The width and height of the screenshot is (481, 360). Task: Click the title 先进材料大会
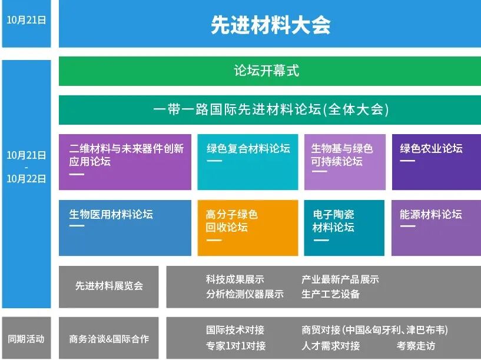pos(270,25)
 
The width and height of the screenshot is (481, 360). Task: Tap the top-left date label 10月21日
pos(26,19)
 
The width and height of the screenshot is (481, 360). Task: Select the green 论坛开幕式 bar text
pos(267,71)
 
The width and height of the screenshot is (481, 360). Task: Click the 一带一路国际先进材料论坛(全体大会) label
pos(270,109)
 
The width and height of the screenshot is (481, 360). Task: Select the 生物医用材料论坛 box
pos(125,228)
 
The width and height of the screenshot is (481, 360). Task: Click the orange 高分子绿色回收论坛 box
pos(248,228)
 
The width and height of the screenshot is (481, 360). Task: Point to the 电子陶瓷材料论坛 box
pos(344,228)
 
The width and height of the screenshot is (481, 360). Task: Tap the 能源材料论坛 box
pos(436,228)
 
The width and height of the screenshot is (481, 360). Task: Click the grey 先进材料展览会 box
pos(109,286)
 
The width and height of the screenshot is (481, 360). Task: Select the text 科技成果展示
pos(235,279)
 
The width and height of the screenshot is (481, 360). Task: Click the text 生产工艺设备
pos(330,294)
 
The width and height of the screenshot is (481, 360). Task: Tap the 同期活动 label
pos(26,339)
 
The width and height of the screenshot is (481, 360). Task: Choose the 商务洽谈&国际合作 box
pos(109,339)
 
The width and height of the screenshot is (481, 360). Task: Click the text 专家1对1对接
pos(235,345)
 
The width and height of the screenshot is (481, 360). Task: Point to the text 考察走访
pos(416,345)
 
